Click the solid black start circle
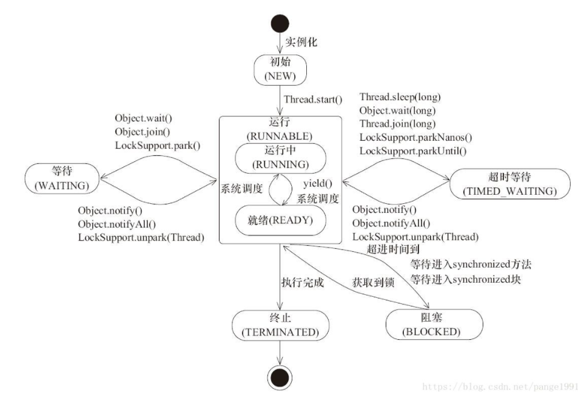280,24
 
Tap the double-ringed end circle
280,377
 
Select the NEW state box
280,70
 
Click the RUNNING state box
281,158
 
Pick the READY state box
281,220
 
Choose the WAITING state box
62,178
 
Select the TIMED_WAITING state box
510,184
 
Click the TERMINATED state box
281,325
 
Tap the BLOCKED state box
434,325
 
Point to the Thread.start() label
313,100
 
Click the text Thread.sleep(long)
400,97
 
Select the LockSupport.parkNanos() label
415,138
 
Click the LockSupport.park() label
158,145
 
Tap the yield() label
318,183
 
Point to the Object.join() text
143,132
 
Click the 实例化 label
301,42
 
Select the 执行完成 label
303,283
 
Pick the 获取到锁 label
374,283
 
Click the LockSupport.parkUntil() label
413,151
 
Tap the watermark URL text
500,387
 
